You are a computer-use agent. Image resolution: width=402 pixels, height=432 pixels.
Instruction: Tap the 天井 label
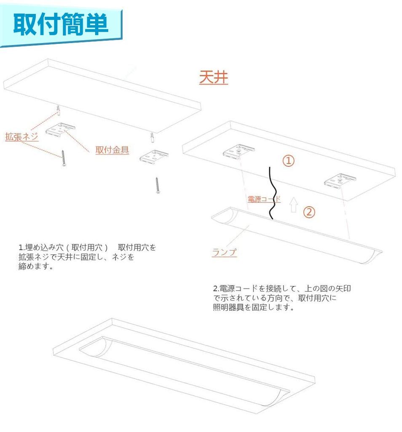214,78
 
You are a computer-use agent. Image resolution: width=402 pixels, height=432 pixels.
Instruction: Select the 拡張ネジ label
21,137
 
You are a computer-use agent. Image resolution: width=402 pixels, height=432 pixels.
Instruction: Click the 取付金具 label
112,150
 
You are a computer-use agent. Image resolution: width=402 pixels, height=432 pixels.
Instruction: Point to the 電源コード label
263,199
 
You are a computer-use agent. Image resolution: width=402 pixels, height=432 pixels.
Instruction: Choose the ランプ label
224,253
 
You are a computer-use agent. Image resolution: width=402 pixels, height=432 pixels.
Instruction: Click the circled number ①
288,161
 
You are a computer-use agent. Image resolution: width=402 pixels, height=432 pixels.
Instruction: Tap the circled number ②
309,212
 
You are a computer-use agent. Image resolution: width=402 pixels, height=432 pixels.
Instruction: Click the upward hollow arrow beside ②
294,205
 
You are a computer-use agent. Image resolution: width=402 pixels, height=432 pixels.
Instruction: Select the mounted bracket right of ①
340,181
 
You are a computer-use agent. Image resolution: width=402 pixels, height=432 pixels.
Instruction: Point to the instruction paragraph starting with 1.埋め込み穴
87,256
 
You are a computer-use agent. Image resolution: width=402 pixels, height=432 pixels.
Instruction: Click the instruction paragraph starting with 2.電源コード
281,298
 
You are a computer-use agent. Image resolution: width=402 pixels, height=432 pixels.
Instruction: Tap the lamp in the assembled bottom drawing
185,367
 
